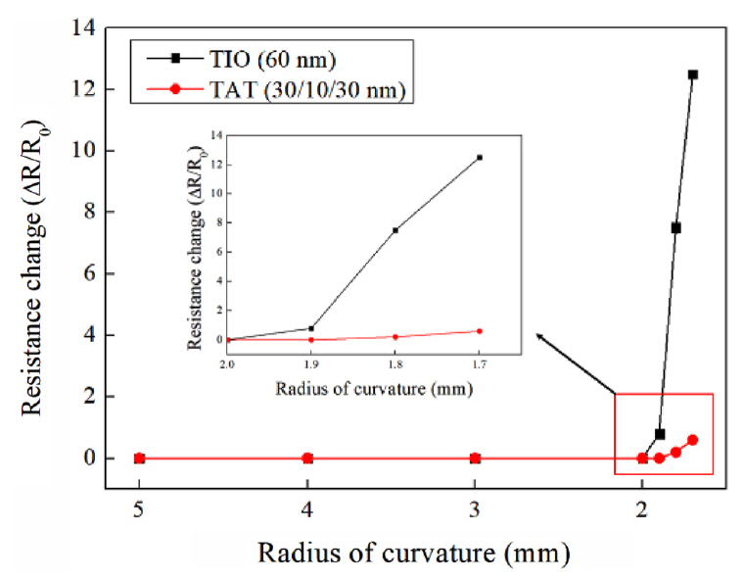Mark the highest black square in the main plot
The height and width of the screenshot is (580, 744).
click(x=693, y=74)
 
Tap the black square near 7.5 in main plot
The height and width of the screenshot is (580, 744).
click(x=675, y=227)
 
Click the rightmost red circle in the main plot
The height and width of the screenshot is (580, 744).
click(x=693, y=440)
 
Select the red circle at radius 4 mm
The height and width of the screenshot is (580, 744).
click(x=307, y=458)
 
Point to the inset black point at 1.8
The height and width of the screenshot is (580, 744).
click(x=395, y=230)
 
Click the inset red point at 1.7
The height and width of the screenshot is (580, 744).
click(x=480, y=331)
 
